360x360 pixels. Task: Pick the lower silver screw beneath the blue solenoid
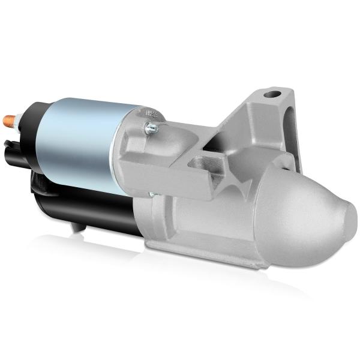pyautogui.click(x=150, y=194)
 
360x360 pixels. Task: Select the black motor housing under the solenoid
pyautogui.click(x=90, y=210)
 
